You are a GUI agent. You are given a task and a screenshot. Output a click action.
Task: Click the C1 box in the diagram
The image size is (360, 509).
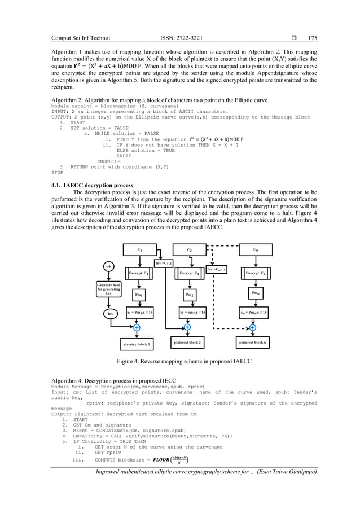[140, 249]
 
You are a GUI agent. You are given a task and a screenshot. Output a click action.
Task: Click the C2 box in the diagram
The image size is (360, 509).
[189, 249]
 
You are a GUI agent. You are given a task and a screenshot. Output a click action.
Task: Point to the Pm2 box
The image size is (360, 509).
[189, 295]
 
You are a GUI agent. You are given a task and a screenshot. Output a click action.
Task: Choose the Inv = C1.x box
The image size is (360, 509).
[164, 263]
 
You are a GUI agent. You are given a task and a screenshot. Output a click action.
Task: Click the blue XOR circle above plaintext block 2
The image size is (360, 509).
[187, 327]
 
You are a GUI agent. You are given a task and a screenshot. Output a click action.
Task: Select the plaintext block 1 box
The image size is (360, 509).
[138, 344]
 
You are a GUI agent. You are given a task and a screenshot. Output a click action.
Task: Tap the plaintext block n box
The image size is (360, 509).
[253, 342]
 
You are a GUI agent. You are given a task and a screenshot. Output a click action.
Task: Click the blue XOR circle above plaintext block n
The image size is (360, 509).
[252, 327]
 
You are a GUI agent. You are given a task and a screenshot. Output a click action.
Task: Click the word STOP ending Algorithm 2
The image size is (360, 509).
[57, 173]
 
